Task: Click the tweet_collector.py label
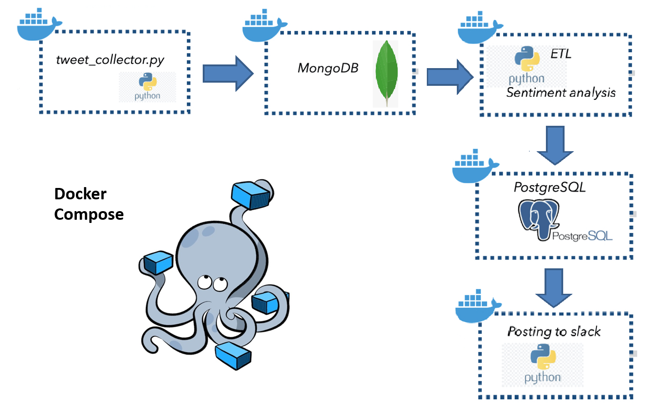(110, 60)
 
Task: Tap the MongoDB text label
(328, 68)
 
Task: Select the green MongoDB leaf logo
(386, 73)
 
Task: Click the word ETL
(560, 54)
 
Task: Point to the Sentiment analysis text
(561, 93)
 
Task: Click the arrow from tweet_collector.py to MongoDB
(227, 74)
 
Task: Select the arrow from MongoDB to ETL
(450, 77)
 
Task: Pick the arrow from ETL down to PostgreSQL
(555, 145)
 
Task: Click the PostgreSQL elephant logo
(539, 219)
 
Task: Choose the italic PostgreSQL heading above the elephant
(550, 188)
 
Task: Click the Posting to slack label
(554, 331)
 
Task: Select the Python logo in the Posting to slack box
(543, 356)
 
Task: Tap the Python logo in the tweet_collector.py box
(148, 83)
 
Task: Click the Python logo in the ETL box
(527, 59)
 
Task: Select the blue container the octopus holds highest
(250, 195)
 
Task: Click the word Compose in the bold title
(89, 214)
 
